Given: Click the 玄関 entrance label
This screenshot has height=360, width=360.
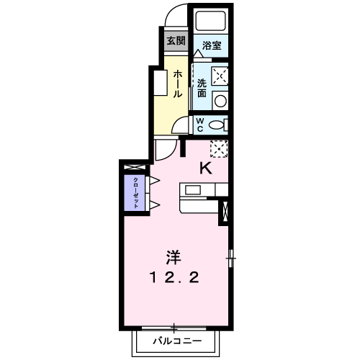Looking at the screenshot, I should [x=176, y=40].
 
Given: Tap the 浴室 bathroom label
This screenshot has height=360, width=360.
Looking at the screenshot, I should [x=211, y=45].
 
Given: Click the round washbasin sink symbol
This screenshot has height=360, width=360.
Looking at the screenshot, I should [x=220, y=100].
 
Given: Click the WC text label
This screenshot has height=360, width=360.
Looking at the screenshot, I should [x=200, y=124].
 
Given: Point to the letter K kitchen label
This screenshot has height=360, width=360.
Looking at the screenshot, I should [x=205, y=168].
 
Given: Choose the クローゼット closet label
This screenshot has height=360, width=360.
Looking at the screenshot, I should [x=135, y=192].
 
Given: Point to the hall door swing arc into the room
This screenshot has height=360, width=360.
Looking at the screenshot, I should [x=165, y=150].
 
